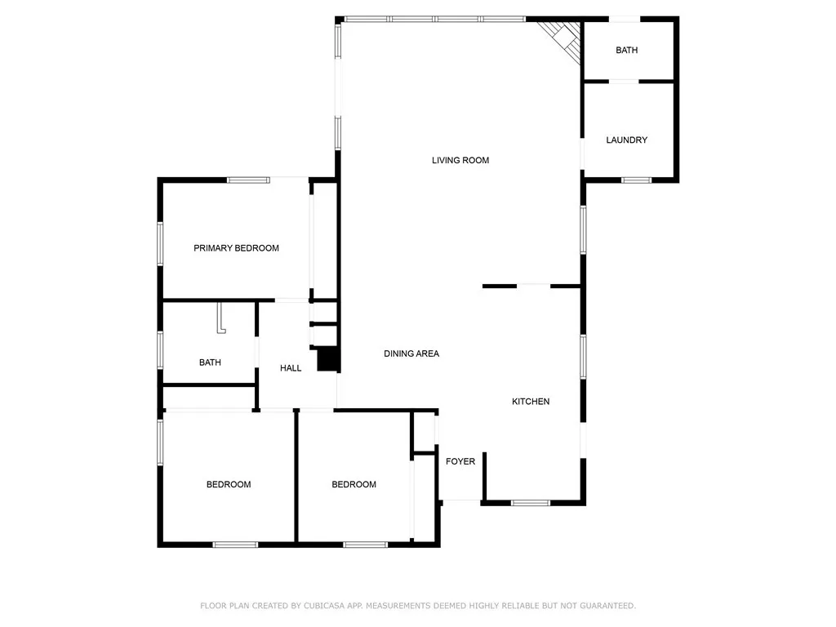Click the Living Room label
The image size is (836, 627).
click(x=460, y=160)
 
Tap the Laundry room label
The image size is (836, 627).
click(x=626, y=140)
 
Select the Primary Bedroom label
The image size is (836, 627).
click(x=236, y=248)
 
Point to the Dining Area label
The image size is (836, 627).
click(x=411, y=354)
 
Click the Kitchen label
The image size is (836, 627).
click(x=531, y=402)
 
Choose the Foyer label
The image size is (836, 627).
click(x=460, y=462)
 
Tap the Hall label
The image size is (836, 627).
click(x=291, y=368)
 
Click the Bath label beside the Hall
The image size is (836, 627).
click(x=210, y=362)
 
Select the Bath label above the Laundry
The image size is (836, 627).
click(x=626, y=51)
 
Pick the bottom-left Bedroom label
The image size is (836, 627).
click(x=229, y=485)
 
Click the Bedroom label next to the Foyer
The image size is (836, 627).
click(x=354, y=485)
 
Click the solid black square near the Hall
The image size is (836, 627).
click(x=327, y=359)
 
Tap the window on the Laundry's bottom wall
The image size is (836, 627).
click(x=635, y=180)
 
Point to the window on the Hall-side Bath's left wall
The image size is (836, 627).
click(x=160, y=349)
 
